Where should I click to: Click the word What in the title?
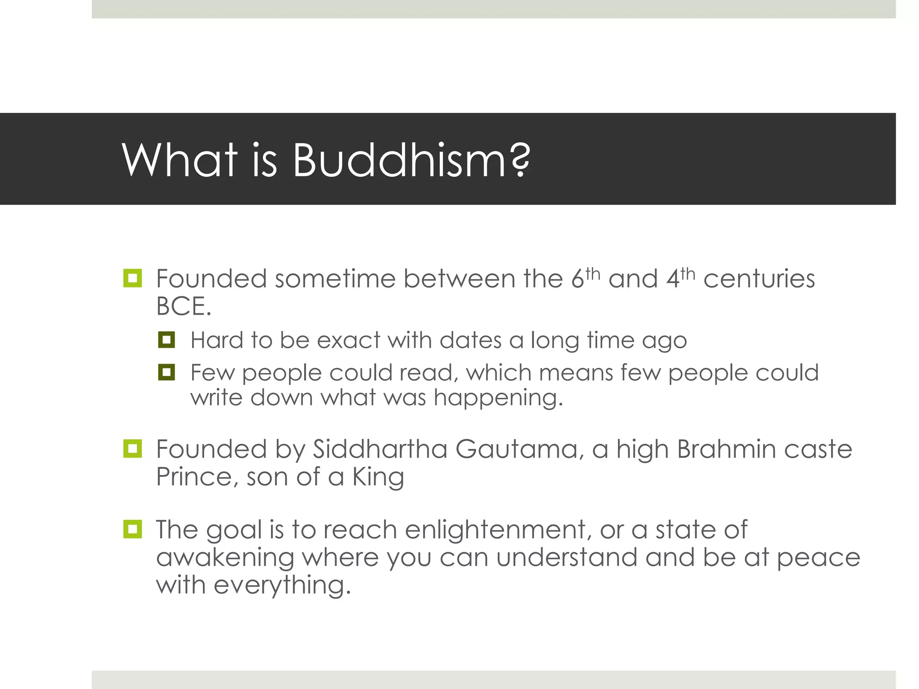[x=179, y=161]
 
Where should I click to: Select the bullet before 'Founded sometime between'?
[x=132, y=278]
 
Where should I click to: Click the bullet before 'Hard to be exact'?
[x=166, y=340]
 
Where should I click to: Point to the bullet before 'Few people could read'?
[x=166, y=372]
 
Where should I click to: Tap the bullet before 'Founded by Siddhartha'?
[x=132, y=449]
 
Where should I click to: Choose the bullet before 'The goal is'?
[x=132, y=529]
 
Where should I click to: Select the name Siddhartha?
[x=380, y=449]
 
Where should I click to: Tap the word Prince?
[x=193, y=477]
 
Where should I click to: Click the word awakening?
[x=225, y=558]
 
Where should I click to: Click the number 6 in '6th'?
[x=578, y=279]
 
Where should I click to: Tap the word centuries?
[x=759, y=279]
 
